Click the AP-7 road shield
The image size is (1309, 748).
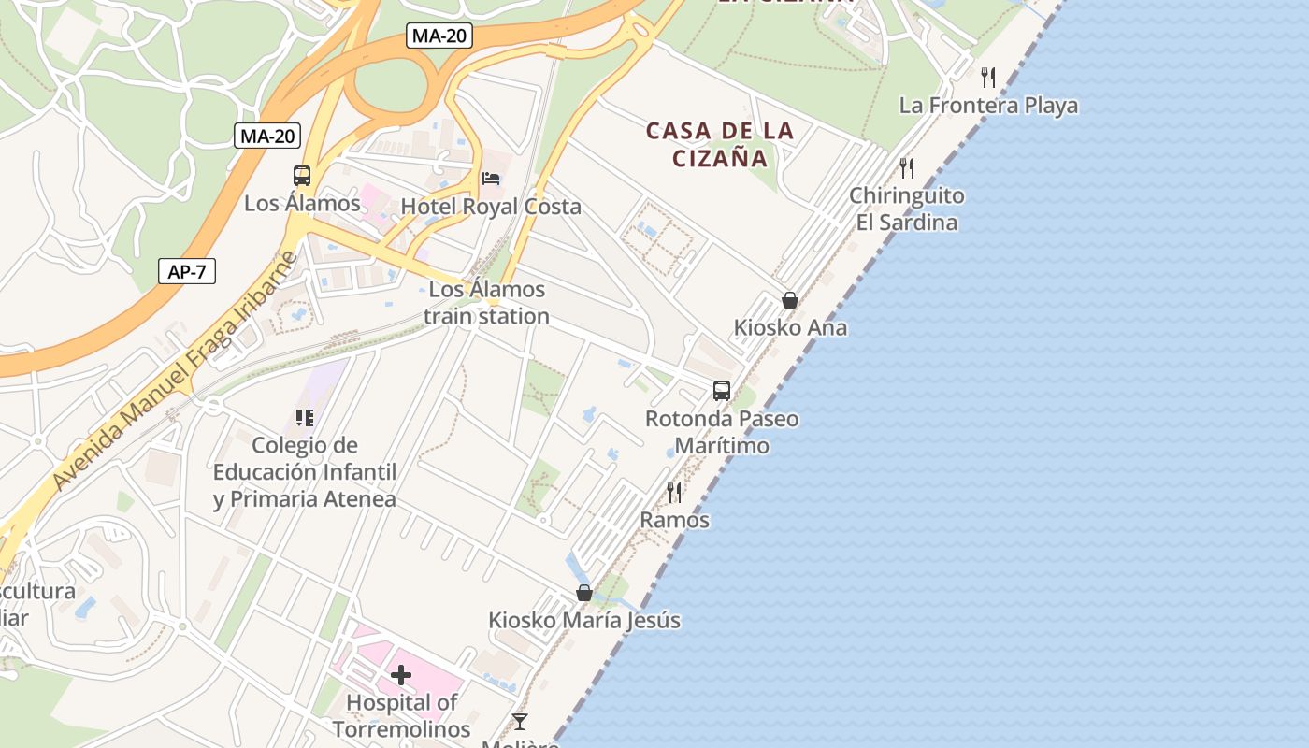click(187, 272)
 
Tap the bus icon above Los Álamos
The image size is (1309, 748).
click(302, 176)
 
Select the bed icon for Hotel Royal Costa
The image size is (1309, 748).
click(491, 179)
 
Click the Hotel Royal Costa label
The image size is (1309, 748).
click(491, 207)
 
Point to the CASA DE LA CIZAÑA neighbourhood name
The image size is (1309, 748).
click(720, 144)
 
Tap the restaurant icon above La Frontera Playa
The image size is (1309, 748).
click(988, 77)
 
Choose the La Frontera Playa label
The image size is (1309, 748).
click(988, 106)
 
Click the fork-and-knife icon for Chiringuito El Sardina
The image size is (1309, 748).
click(907, 167)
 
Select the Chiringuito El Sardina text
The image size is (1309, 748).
click(907, 209)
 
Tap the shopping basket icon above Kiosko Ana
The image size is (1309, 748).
click(790, 300)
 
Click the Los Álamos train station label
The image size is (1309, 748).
click(486, 303)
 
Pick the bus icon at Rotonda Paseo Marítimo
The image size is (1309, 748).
click(722, 391)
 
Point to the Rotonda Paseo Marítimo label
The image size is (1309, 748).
click(722, 432)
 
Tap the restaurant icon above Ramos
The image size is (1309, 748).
click(674, 492)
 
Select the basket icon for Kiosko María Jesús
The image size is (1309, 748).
click(584, 593)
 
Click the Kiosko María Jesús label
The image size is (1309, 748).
click(584, 621)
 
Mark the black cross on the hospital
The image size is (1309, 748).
click(401, 675)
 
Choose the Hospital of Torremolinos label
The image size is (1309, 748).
click(401, 715)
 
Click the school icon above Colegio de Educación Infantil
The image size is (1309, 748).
click(304, 417)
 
